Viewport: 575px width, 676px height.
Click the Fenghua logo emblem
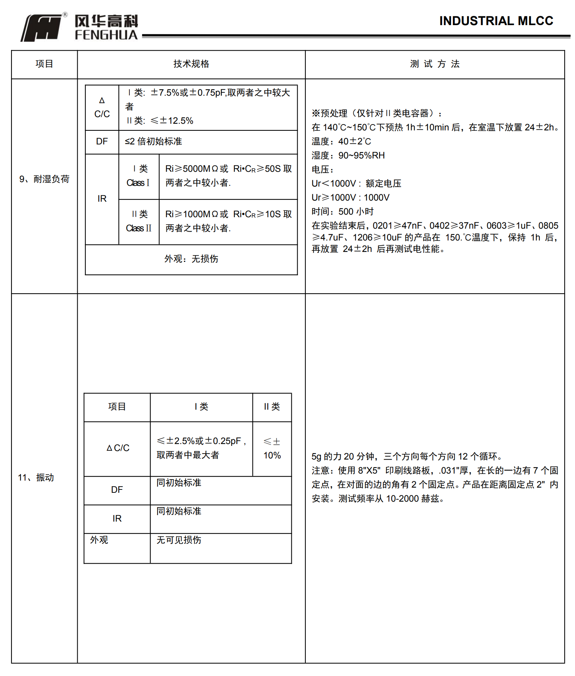(41, 28)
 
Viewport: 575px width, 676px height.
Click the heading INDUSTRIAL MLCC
(496, 21)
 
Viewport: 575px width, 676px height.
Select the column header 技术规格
(191, 64)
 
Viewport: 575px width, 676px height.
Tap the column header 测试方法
(434, 64)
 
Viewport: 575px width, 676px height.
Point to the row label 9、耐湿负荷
(44, 179)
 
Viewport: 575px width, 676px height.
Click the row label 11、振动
(36, 478)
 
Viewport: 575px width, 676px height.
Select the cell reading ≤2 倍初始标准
(153, 141)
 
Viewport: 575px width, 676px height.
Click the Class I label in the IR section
(138, 176)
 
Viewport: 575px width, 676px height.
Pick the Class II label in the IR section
(139, 221)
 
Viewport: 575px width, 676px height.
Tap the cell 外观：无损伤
(191, 259)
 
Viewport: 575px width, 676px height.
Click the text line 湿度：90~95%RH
(348, 156)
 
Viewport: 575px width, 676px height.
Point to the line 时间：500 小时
(342, 212)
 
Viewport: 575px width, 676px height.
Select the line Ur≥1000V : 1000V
(350, 198)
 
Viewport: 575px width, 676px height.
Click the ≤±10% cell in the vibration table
(272, 448)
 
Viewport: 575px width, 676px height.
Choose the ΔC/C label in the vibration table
(118, 448)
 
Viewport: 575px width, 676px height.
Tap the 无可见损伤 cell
(179, 540)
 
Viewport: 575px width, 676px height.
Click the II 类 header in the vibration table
(272, 407)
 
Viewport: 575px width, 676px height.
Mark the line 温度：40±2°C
(341, 141)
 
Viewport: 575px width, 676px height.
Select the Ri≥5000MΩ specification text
(228, 176)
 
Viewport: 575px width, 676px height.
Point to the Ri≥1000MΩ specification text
(228, 221)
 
